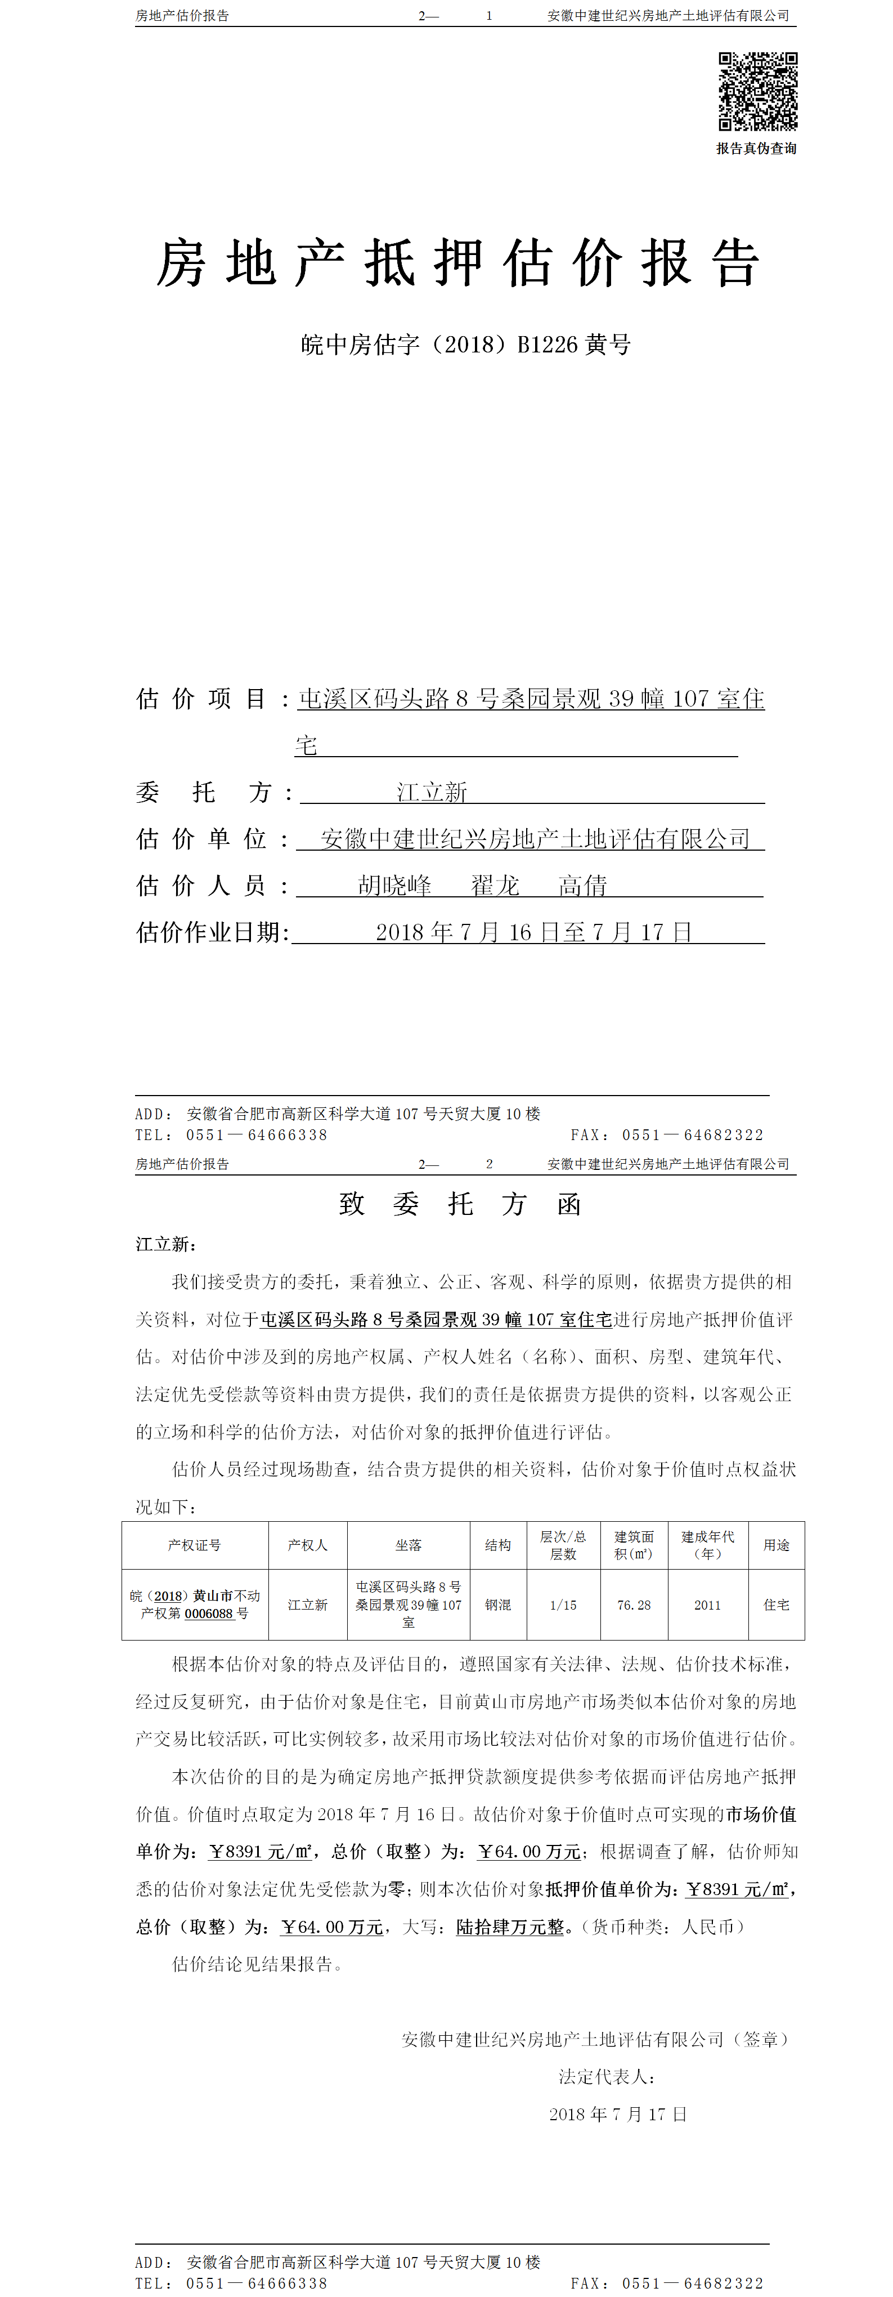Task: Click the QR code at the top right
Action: click(757, 91)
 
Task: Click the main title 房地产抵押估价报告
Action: click(458, 264)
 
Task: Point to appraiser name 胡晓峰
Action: click(395, 886)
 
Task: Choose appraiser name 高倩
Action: click(583, 886)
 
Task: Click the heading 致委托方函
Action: click(460, 1205)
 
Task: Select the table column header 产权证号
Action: click(194, 1545)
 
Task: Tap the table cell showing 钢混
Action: click(498, 1605)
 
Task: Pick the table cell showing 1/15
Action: click(563, 1605)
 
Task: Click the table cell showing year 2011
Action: click(708, 1605)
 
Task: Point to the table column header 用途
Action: click(777, 1545)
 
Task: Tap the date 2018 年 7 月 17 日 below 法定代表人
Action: click(618, 2114)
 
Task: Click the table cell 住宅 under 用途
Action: click(777, 1605)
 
